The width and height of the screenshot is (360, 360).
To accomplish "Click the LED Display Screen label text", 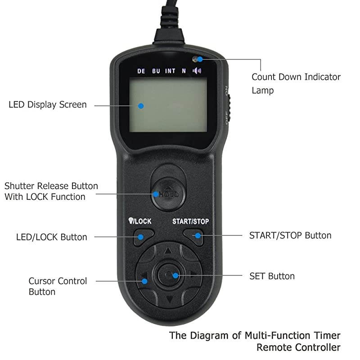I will coord(47,105).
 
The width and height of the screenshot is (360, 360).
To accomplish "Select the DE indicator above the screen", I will coord(141,71).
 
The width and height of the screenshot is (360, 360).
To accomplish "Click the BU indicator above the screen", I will coord(156,71).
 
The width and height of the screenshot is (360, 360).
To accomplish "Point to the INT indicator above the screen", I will coord(170,71).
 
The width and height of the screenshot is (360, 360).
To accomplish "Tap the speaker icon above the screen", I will coord(198,71).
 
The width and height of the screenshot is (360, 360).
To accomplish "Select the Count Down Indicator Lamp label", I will coord(296,83).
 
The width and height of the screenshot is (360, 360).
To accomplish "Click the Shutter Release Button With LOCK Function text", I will coord(51,191).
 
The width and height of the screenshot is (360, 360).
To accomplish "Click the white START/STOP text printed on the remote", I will coord(190,221).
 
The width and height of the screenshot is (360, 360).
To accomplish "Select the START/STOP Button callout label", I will coord(290,235).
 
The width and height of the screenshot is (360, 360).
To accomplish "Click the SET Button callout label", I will coord(272,276).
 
